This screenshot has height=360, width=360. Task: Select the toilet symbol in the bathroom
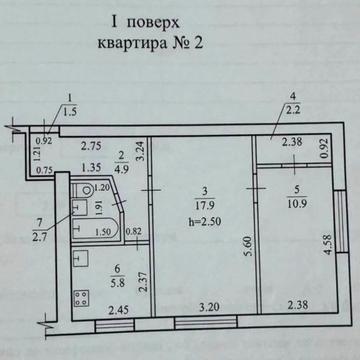coord(86,191)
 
